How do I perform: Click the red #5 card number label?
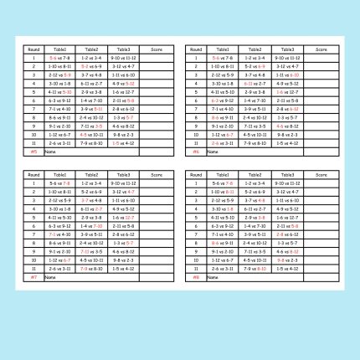[x=33, y=152]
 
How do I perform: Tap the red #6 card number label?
[x=196, y=152]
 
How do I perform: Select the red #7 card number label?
[x=33, y=277]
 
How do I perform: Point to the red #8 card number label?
[x=196, y=277]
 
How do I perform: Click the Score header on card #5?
[x=157, y=49]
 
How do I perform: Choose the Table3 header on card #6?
[x=286, y=49]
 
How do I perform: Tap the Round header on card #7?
[x=33, y=174]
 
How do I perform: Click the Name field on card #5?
[x=49, y=152]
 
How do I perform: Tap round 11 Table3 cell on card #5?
[x=124, y=143]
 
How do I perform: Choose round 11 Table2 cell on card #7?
[x=91, y=268]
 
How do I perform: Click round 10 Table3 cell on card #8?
[x=286, y=260]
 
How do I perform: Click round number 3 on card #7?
[x=33, y=200]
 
